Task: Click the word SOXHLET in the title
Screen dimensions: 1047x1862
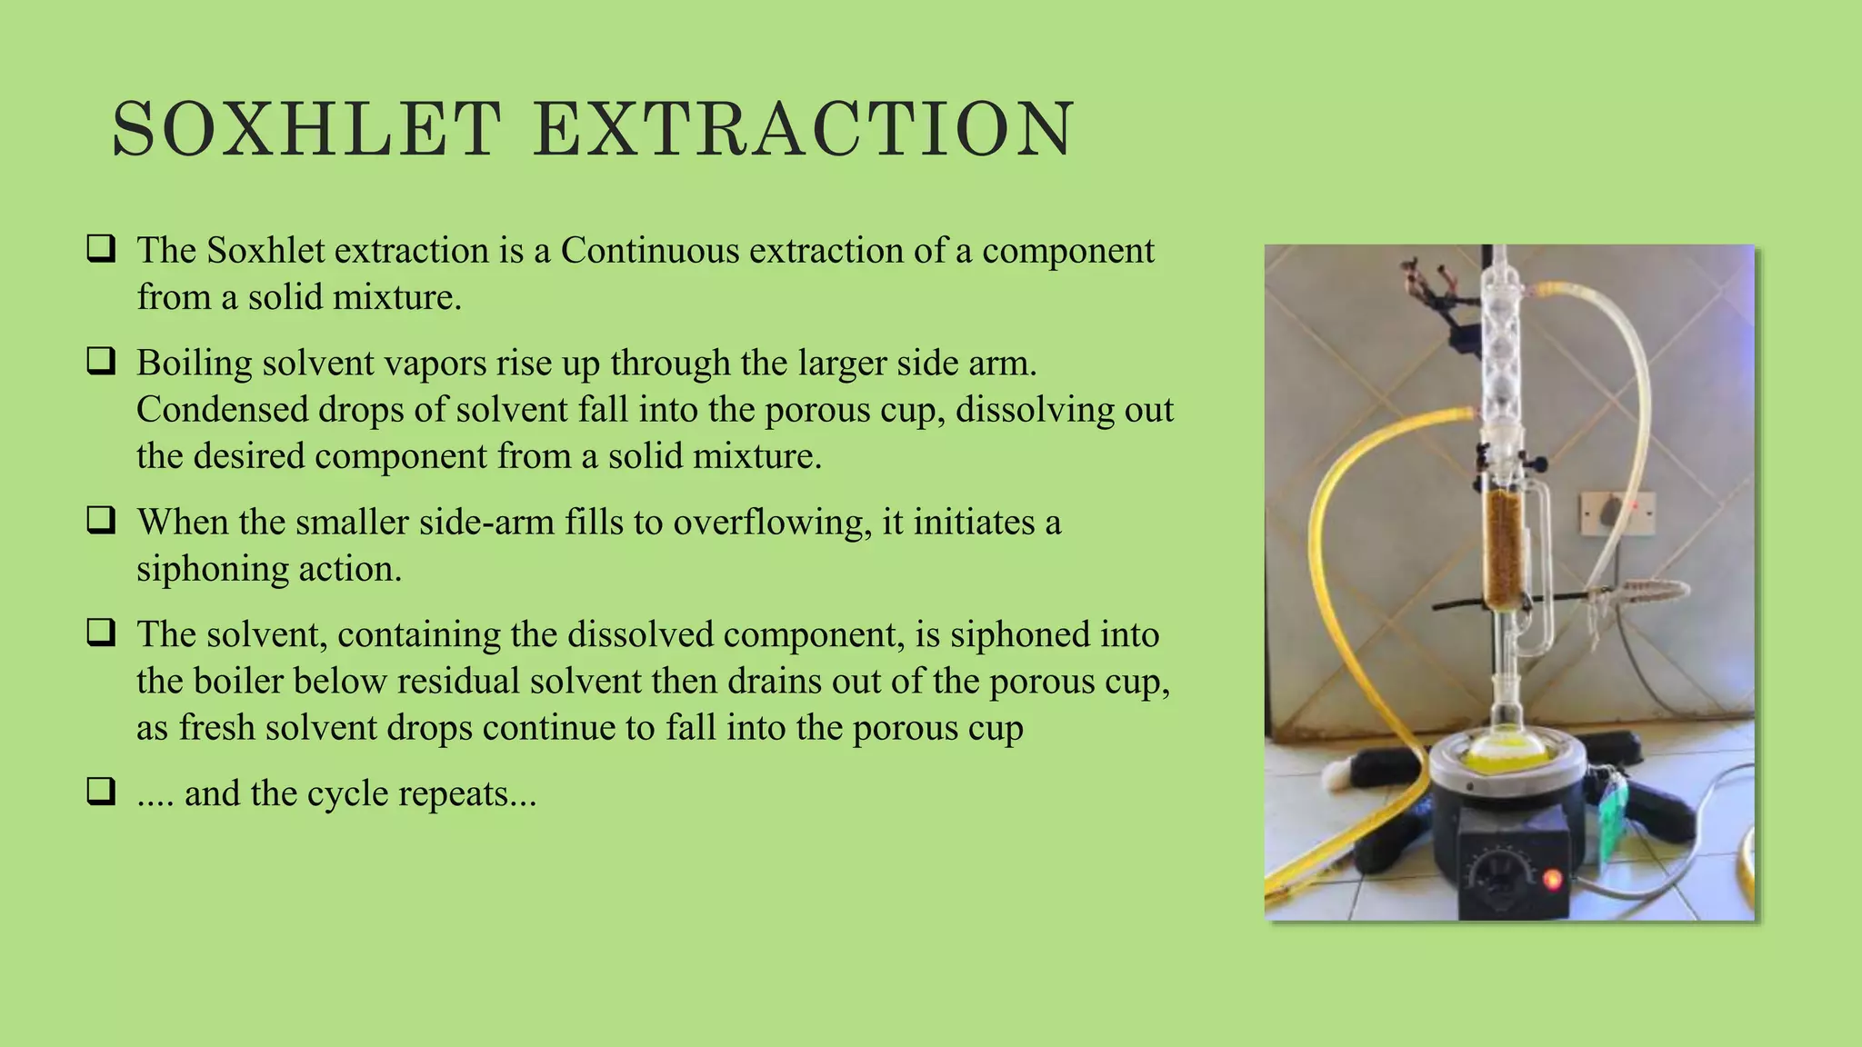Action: click(305, 129)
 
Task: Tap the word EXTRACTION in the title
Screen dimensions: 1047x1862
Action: click(804, 129)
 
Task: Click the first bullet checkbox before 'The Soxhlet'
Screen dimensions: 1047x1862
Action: click(101, 249)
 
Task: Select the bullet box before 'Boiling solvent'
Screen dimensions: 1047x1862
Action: click(101, 362)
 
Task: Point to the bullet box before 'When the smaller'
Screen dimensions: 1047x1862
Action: click(101, 521)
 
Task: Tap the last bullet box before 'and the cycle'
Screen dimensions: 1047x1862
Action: click(101, 792)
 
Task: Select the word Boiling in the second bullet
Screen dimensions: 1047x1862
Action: click(194, 364)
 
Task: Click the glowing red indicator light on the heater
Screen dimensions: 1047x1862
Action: click(1552, 879)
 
